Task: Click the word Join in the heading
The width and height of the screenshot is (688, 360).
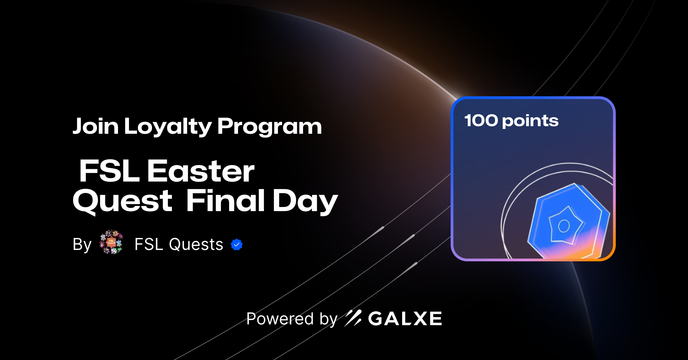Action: pos(95,126)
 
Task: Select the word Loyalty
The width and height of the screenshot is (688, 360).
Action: pos(168,127)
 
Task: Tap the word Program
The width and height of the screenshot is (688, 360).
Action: pos(269,127)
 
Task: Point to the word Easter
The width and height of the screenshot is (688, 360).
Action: pos(201,171)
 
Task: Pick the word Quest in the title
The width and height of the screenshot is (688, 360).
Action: pos(122,201)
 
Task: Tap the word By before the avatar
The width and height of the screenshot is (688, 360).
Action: pos(82,244)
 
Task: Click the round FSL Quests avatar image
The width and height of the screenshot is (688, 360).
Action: pos(111,242)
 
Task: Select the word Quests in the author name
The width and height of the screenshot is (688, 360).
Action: pos(196,244)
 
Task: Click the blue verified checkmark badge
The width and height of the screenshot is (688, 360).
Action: pos(237,244)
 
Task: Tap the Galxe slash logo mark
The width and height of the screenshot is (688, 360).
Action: pos(353,318)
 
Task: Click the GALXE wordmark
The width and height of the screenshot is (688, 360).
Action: pos(405,318)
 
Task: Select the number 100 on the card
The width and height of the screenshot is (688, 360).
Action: pos(481,120)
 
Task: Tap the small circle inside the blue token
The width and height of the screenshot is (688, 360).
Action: pos(564,226)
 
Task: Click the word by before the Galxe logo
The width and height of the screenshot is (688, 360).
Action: pos(328,319)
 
